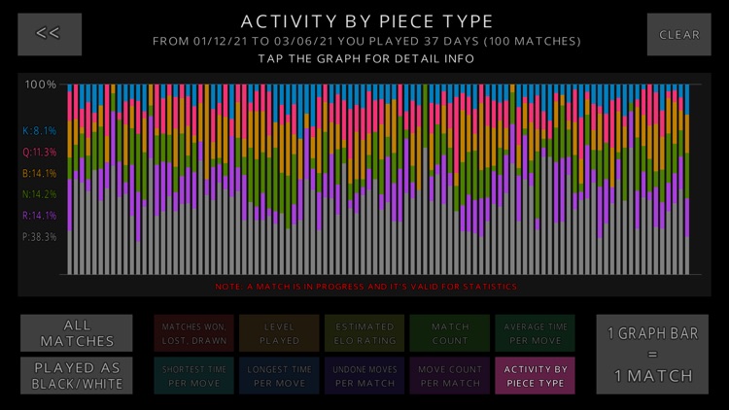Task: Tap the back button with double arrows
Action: tap(49, 33)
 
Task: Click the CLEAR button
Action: tap(678, 34)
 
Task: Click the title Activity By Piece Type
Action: tap(366, 20)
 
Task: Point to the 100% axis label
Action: tap(41, 85)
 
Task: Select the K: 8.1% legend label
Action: tap(40, 131)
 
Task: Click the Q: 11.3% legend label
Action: tap(40, 153)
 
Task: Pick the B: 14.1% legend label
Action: tap(40, 174)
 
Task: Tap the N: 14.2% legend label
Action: tap(40, 194)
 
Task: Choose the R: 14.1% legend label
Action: tap(40, 216)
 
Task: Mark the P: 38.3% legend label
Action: tap(40, 237)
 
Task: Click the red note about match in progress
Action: tap(365, 287)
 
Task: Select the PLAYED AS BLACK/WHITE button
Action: tap(76, 375)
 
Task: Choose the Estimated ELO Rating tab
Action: tap(364, 333)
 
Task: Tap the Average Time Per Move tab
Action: tap(535, 333)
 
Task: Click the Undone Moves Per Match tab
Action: tap(364, 376)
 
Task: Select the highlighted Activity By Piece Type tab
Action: tap(535, 376)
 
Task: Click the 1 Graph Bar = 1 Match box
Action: tap(651, 354)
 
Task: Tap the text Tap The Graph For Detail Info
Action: tap(365, 59)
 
